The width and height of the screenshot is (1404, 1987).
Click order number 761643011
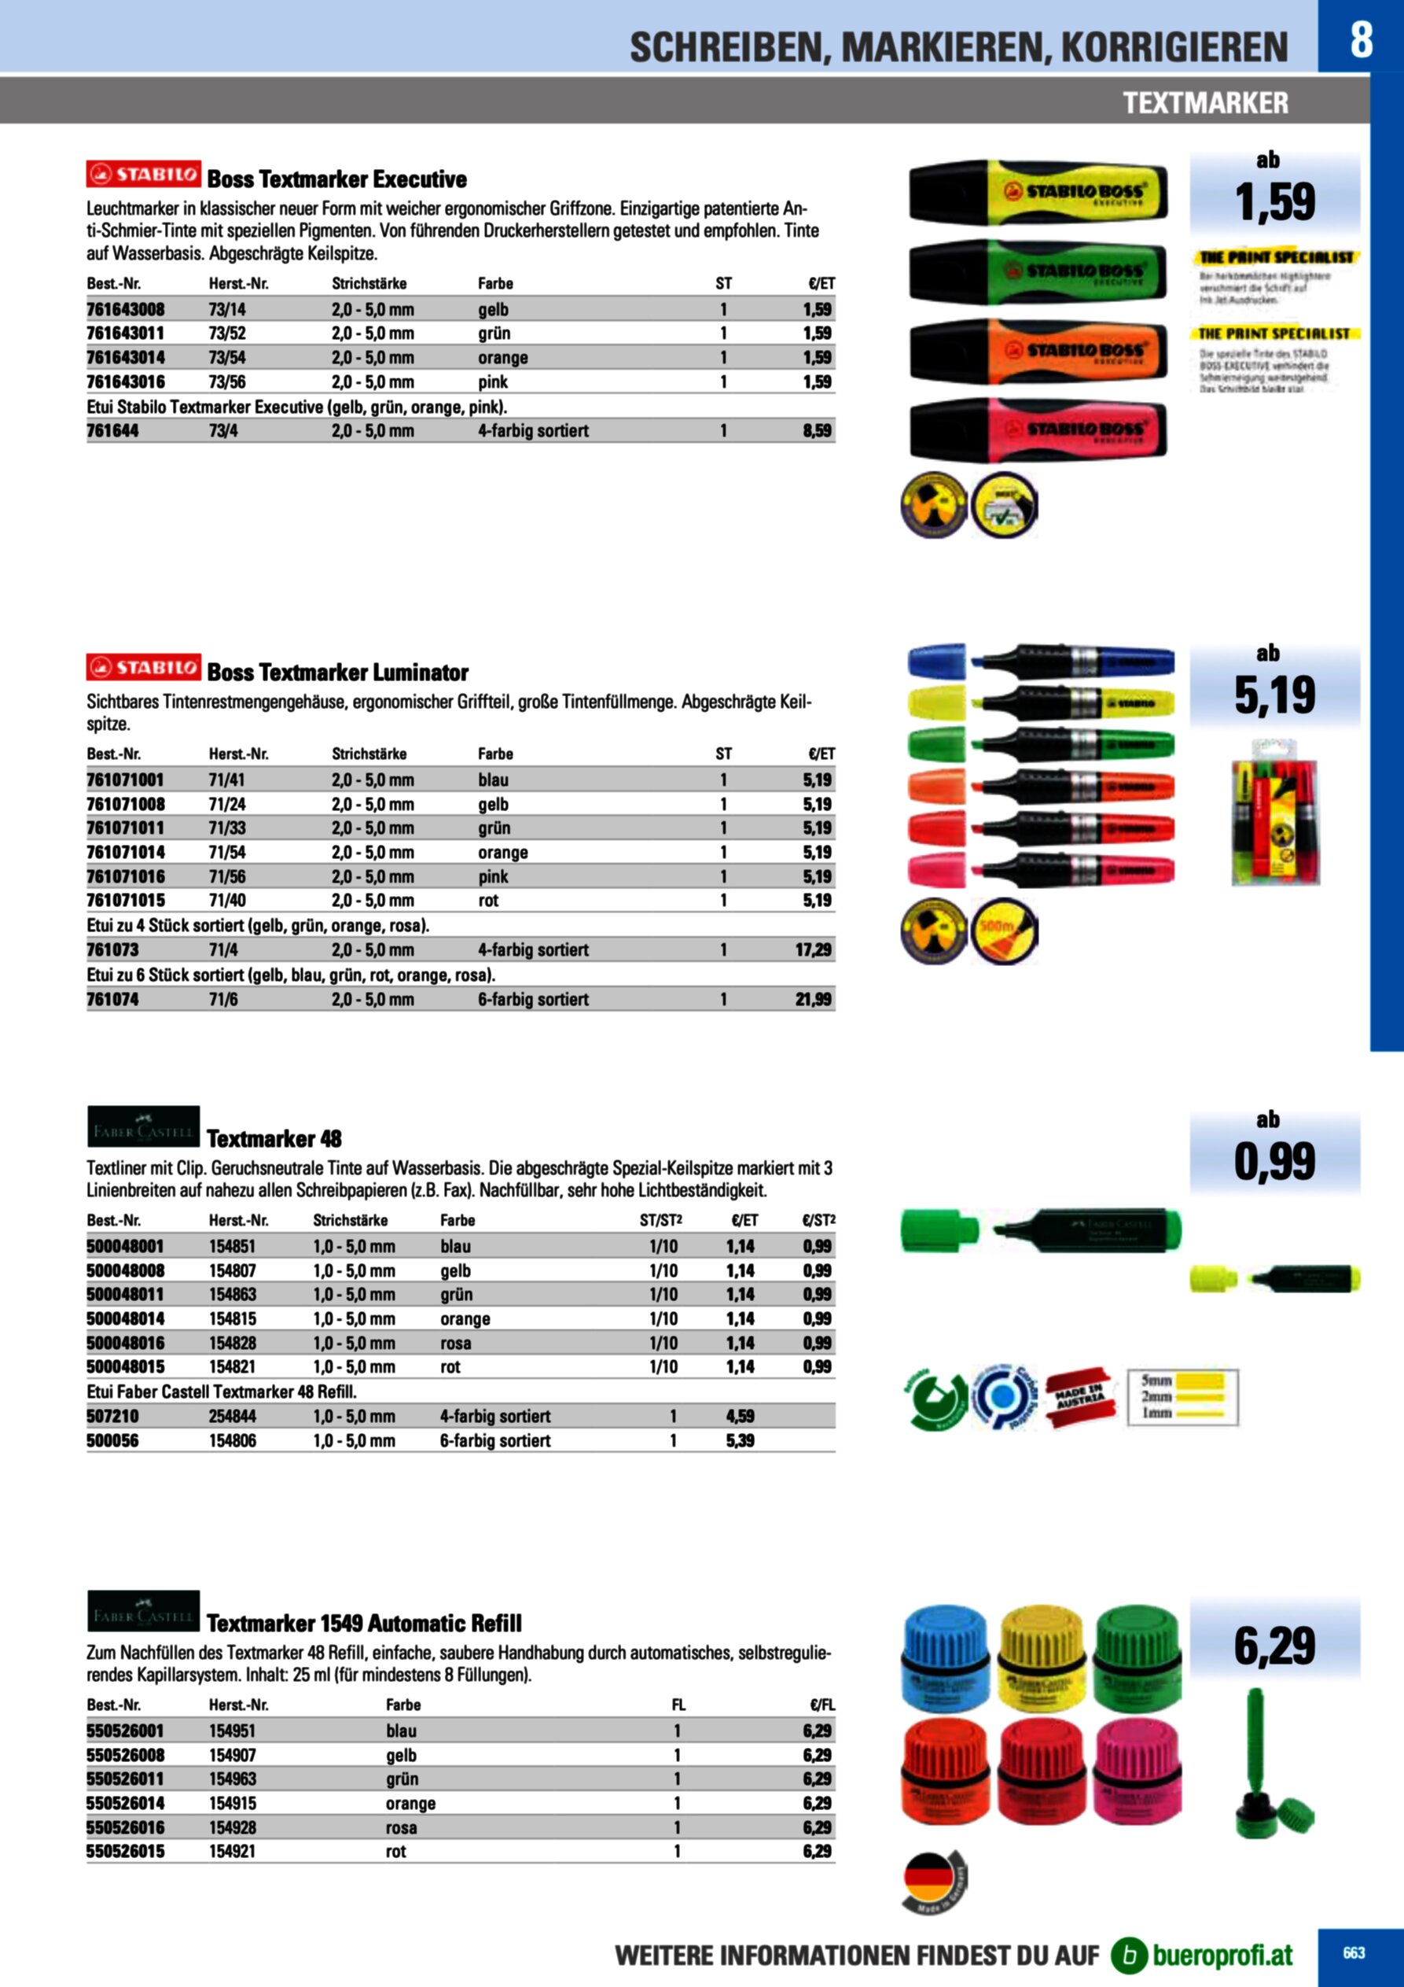pyautogui.click(x=126, y=334)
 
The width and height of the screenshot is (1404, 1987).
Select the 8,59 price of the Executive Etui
pyautogui.click(x=817, y=431)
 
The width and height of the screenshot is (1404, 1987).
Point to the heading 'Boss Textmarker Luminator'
pyautogui.click(x=337, y=673)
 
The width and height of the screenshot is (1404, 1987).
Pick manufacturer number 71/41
pyautogui.click(x=226, y=780)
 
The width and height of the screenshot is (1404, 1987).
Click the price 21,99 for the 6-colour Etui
pyautogui.click(x=813, y=1000)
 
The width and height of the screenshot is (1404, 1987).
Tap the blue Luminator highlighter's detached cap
pyautogui.click(x=936, y=662)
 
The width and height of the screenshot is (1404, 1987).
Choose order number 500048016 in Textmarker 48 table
pyautogui.click(x=126, y=1343)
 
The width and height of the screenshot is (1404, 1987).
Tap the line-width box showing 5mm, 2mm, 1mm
pyautogui.click(x=1182, y=1397)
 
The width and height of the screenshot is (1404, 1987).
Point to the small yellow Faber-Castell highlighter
pyautogui.click(x=1275, y=1278)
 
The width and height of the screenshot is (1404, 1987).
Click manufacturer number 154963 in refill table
pyautogui.click(x=233, y=1779)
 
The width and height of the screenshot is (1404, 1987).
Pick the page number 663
pyautogui.click(x=1354, y=1952)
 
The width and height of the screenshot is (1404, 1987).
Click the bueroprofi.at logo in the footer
pyautogui.click(x=1203, y=1955)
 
